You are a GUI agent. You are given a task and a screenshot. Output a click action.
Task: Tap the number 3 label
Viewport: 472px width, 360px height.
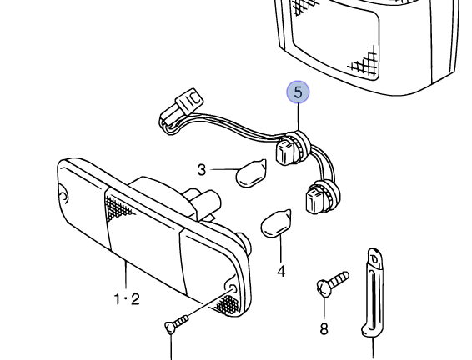pyautogui.click(x=202, y=170)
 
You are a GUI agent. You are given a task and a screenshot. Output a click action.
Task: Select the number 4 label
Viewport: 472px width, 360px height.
pyautogui.click(x=281, y=271)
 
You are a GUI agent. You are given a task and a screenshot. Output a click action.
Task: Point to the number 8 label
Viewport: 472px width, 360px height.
pyautogui.click(x=324, y=328)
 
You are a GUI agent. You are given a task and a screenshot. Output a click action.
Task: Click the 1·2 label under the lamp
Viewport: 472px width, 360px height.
pyautogui.click(x=126, y=297)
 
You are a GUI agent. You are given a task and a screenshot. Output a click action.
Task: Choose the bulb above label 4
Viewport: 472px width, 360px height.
pyautogui.click(x=275, y=223)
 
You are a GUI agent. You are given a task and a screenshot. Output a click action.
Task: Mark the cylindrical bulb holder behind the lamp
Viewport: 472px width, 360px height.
pyautogui.click(x=205, y=202)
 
